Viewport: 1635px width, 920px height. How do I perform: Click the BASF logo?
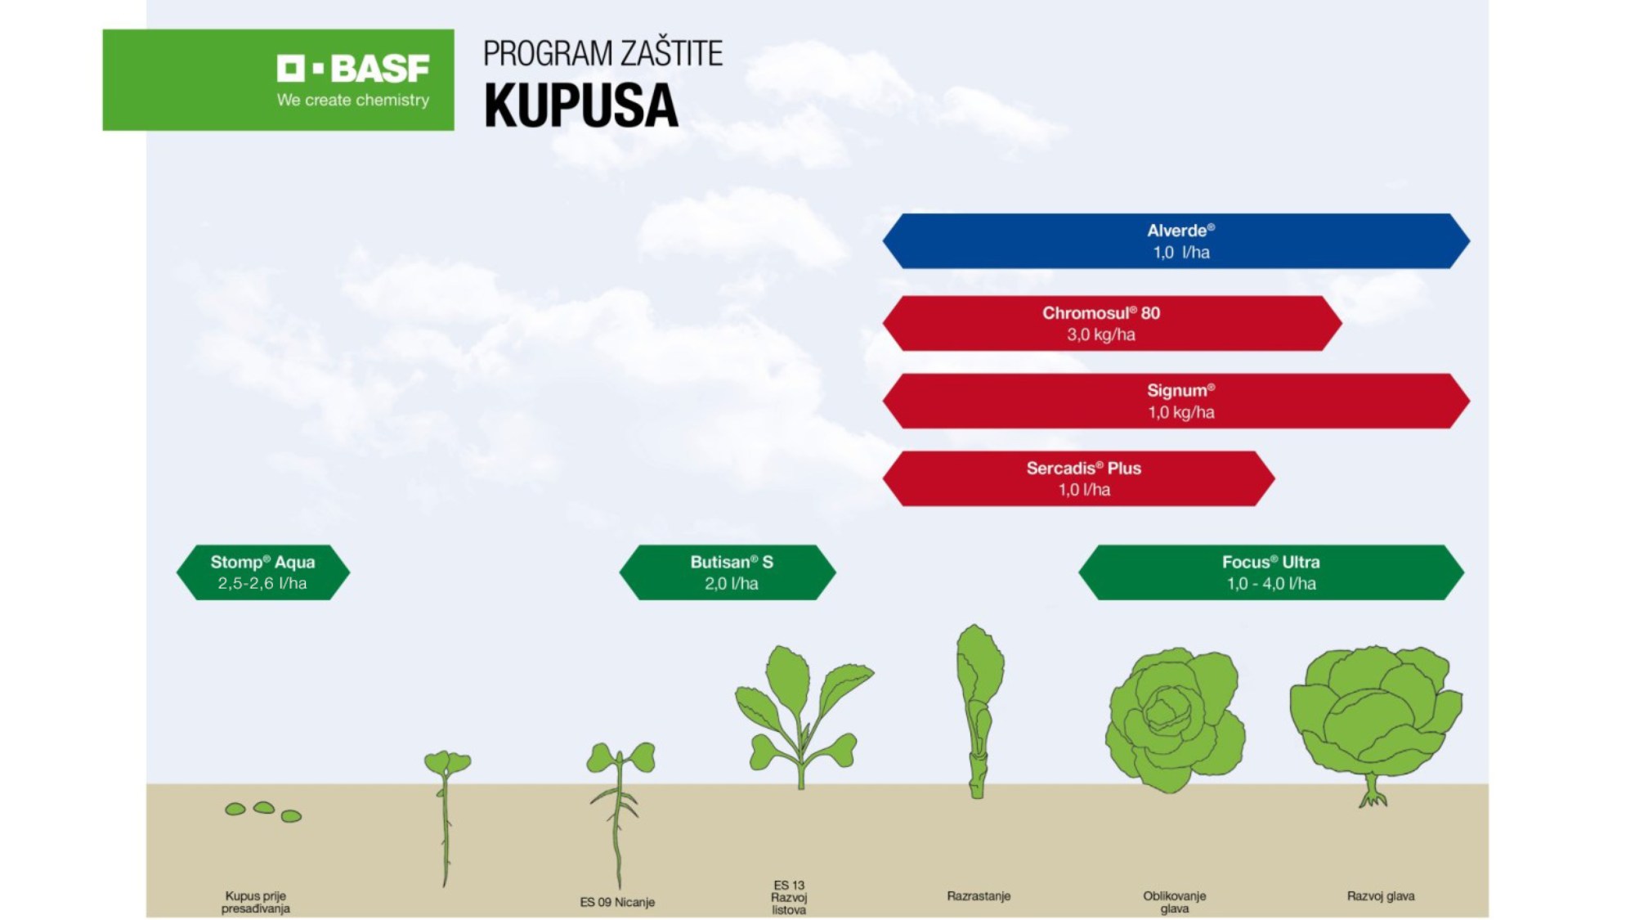[352, 70]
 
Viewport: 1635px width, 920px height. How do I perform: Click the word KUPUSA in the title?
[581, 105]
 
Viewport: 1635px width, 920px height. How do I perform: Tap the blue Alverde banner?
[1176, 241]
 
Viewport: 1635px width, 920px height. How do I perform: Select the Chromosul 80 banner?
[1113, 323]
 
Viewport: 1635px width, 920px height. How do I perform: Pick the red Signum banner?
[1176, 401]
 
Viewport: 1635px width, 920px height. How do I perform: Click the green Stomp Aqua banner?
[263, 572]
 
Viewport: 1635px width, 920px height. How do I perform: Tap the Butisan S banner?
[728, 572]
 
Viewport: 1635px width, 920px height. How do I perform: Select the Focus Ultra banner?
[1271, 572]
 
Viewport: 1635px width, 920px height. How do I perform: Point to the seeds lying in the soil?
[263, 811]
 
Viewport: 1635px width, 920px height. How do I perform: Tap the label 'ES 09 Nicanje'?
[617, 902]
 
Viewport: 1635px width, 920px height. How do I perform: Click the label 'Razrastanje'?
[979, 895]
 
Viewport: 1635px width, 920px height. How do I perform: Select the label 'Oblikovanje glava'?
[1174, 901]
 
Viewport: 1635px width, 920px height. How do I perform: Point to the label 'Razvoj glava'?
[1381, 895]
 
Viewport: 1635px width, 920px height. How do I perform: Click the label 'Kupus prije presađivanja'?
[256, 901]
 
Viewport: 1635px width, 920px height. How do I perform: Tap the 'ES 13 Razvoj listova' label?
[789, 897]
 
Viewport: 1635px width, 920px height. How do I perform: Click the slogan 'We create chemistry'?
[352, 100]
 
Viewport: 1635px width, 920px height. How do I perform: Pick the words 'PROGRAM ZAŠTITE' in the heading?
[602, 53]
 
